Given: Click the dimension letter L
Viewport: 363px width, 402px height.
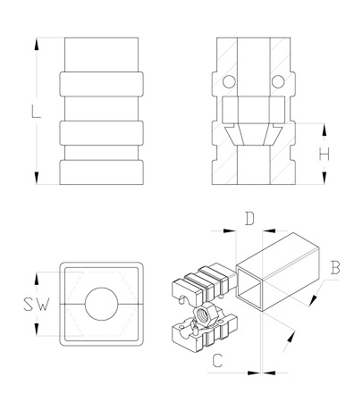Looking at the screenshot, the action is coord(36,111).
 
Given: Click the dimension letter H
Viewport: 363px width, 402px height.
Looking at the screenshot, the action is coord(325,155).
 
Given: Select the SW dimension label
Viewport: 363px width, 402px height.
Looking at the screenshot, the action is coord(36,305).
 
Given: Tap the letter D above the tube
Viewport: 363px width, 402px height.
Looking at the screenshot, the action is coord(249,218).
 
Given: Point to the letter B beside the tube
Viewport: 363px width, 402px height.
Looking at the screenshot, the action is coord(335,267).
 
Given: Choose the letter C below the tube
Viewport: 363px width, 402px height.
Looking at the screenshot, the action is coord(217,360).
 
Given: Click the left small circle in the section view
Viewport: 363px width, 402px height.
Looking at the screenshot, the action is coord(229,81).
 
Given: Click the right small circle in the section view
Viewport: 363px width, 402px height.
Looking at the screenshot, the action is coord(278,81).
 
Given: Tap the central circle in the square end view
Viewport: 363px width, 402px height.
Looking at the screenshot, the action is coord(101,304).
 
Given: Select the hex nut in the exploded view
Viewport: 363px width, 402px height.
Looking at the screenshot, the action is coord(206,315).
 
